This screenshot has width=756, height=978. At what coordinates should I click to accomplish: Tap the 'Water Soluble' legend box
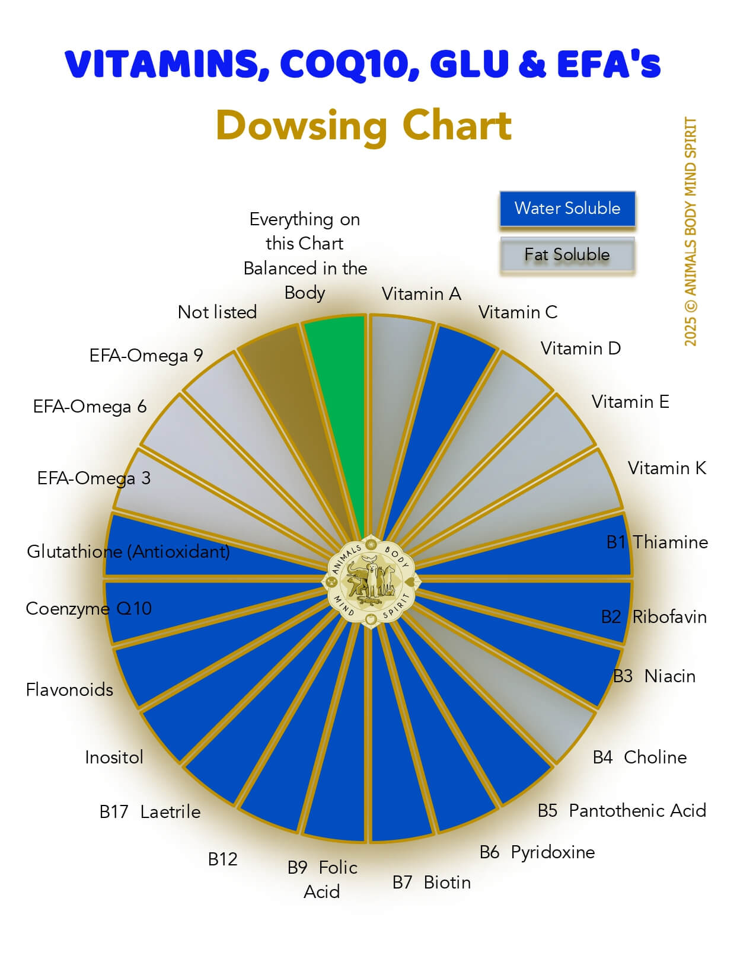(x=567, y=209)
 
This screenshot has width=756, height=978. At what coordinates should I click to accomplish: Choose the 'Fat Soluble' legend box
(x=567, y=255)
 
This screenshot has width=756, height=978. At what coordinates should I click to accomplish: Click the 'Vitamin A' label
(x=421, y=294)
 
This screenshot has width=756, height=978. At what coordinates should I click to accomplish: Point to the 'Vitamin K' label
(x=667, y=468)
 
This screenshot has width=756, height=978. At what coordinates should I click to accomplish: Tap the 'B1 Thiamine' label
(x=657, y=542)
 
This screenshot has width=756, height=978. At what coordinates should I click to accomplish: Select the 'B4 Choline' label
(x=640, y=758)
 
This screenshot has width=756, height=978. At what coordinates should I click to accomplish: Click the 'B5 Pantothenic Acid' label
(x=622, y=811)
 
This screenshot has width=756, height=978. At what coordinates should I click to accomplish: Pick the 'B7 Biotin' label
(x=432, y=883)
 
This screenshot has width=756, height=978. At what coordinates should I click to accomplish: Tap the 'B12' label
(x=222, y=859)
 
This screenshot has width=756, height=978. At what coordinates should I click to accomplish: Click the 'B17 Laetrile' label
(x=150, y=812)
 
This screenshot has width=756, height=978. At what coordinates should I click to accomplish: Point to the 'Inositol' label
(x=114, y=758)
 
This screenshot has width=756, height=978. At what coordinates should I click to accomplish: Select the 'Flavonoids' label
(x=69, y=690)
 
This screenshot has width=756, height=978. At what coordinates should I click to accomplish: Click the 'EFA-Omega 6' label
(x=90, y=407)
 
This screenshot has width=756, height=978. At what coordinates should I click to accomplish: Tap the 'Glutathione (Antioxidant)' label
(x=128, y=552)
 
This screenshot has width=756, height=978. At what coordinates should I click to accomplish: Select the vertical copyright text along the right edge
(x=691, y=231)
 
